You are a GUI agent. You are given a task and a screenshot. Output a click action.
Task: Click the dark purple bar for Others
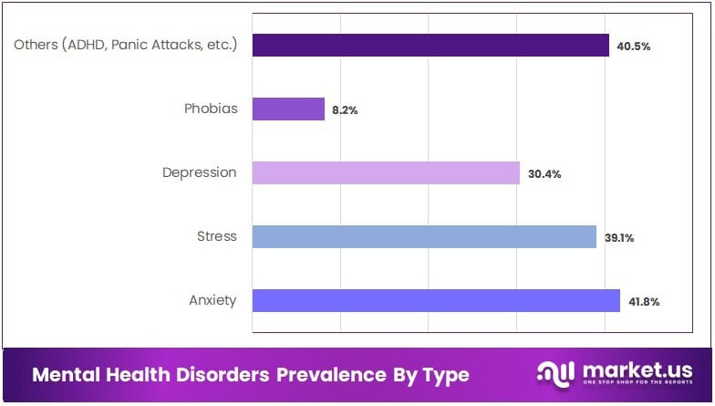430,46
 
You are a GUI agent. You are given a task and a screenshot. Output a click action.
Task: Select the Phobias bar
288,109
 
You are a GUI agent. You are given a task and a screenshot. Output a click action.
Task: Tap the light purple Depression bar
386,173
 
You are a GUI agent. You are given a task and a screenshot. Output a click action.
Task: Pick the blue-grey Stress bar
424,237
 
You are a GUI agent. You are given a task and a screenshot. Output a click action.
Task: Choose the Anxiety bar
436,301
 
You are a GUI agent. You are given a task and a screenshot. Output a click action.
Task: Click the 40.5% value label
634,47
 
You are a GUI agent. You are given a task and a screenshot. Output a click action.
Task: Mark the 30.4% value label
544,174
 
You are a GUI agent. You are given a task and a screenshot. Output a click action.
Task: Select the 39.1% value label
619,238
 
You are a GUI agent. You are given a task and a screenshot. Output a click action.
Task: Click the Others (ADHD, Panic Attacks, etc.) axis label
125,45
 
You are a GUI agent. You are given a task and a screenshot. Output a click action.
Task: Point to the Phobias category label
210,109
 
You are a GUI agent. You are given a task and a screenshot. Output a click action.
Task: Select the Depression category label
199,172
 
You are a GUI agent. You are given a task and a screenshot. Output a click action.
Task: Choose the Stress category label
216,236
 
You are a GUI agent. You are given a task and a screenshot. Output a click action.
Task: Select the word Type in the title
445,376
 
